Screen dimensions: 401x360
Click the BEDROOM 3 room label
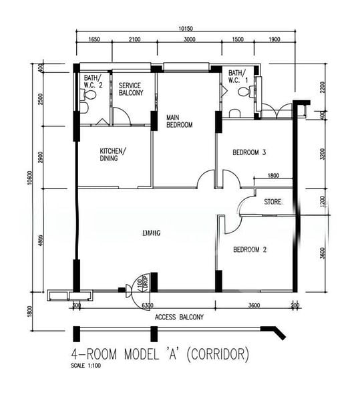[x=249, y=153]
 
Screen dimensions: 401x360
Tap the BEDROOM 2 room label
[x=249, y=250]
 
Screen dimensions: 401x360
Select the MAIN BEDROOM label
[x=179, y=121]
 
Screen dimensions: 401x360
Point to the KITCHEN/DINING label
[x=109, y=154]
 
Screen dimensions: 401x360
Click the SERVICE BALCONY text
[x=131, y=90]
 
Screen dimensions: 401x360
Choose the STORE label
[x=273, y=201]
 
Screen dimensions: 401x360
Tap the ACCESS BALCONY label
[x=179, y=317]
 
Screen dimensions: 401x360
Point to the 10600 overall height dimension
[x=31, y=180]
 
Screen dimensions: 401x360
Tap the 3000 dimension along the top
[x=189, y=40]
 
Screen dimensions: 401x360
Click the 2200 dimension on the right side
[x=322, y=87]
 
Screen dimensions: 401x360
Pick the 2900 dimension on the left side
[x=41, y=158]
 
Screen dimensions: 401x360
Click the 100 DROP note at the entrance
[x=141, y=283]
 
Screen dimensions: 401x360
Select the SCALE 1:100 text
[x=87, y=366]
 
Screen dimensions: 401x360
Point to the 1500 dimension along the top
[x=238, y=40]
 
